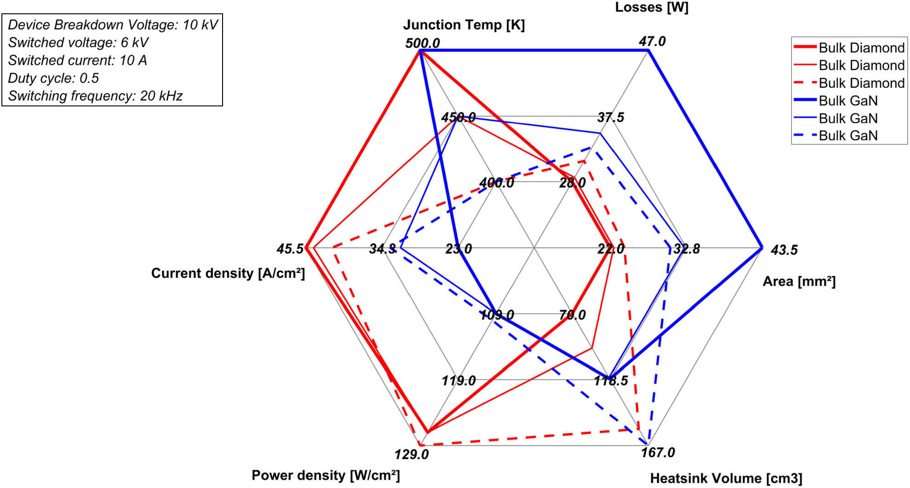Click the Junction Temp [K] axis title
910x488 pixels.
(x=464, y=25)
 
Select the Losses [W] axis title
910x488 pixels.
(x=652, y=7)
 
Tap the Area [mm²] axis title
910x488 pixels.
(x=799, y=281)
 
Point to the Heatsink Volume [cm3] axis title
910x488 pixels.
(x=726, y=478)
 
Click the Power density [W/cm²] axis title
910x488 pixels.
(x=326, y=475)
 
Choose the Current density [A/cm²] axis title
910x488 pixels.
(x=228, y=273)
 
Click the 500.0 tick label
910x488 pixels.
(x=422, y=43)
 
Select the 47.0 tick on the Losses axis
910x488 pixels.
(x=652, y=41)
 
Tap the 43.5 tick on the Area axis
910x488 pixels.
(x=784, y=250)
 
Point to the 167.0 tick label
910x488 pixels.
(x=658, y=453)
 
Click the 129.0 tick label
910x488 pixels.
(x=412, y=454)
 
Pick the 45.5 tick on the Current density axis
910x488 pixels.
(x=290, y=249)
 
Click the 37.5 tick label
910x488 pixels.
(x=611, y=118)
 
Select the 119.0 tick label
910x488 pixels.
(x=458, y=381)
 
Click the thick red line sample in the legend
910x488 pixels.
(x=805, y=47)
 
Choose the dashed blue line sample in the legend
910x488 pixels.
(x=805, y=136)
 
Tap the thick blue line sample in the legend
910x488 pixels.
(x=805, y=100)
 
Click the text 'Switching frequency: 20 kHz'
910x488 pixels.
(x=95, y=96)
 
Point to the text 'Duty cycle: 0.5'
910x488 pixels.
(x=53, y=78)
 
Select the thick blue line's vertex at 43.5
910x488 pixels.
(x=762, y=248)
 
